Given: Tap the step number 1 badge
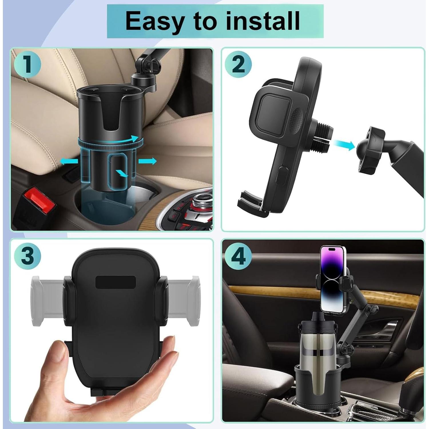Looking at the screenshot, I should (27, 64).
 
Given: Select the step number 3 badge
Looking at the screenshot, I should (27, 255).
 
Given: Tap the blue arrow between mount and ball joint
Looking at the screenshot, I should (344, 145).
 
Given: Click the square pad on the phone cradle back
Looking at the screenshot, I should (273, 111).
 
